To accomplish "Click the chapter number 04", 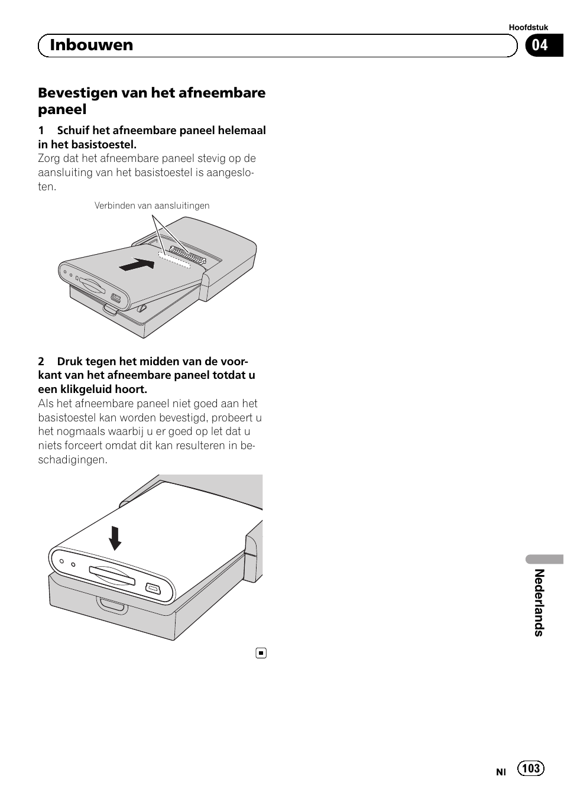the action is [x=540, y=46].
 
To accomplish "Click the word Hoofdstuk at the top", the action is [x=528, y=27].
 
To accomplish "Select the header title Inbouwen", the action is [x=92, y=46].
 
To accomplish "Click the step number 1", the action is [x=41, y=131].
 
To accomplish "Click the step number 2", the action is [x=41, y=362].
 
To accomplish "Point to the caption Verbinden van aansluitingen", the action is [x=152, y=206].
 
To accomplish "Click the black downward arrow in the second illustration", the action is [x=115, y=538].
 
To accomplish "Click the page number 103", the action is [x=531, y=768].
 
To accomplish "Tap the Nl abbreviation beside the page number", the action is [x=501, y=772].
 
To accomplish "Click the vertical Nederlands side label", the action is [x=539, y=602].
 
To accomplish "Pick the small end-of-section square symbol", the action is [x=261, y=653].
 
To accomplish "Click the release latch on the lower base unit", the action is [x=112, y=605].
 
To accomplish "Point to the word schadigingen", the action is [x=73, y=460].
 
